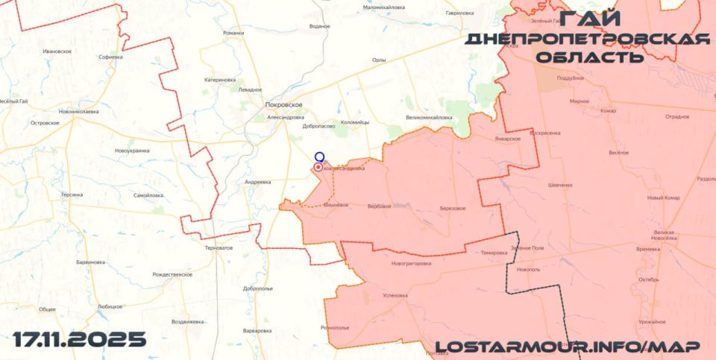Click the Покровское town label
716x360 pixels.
click(283, 105)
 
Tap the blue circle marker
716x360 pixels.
click(319, 157)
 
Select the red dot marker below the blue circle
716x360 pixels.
click(318, 168)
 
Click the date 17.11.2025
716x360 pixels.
click(80, 340)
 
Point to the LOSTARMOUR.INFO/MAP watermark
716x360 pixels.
click(568, 347)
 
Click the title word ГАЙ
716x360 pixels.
click(588, 20)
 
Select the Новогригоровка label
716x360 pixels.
click(411, 263)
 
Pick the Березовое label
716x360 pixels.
click(453, 208)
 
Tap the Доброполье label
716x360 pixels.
click(258, 288)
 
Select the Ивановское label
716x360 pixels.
click(57, 51)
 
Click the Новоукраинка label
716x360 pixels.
click(132, 151)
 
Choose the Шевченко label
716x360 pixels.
click(559, 185)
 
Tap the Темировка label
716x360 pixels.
click(494, 253)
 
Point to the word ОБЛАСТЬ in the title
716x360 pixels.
click(589, 57)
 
